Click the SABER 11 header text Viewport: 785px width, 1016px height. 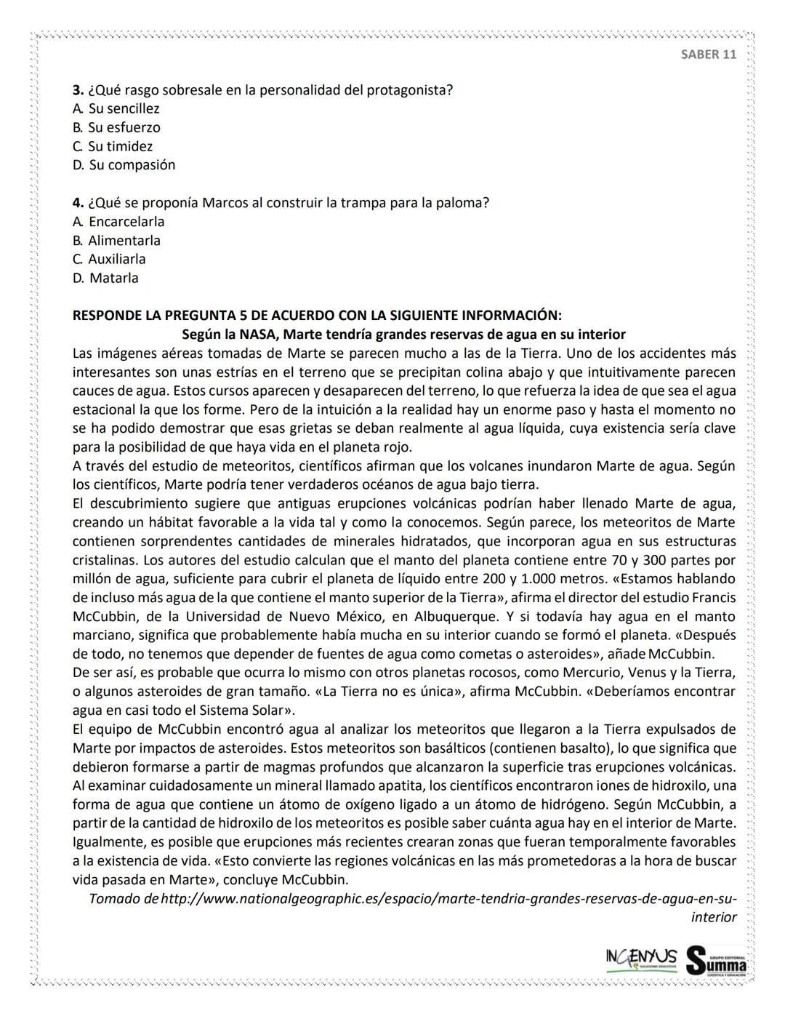[708, 55]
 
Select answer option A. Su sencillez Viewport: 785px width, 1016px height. [116, 109]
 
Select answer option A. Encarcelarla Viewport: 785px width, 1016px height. [118, 222]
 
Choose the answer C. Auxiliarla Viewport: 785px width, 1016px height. [109, 260]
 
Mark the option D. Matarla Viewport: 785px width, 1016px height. [105, 279]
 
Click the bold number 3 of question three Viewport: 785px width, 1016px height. [77, 90]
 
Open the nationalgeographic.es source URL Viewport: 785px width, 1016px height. [448, 899]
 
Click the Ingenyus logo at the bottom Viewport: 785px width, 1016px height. [641, 958]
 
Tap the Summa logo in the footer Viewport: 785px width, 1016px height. [716, 960]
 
